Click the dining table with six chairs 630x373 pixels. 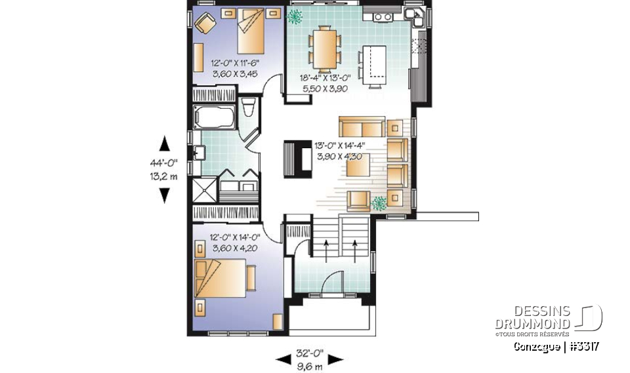point(324,47)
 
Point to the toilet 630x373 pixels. point(248,109)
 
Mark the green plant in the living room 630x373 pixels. point(378,203)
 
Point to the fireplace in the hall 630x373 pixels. point(297,159)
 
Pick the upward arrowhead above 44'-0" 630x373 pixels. point(164,143)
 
